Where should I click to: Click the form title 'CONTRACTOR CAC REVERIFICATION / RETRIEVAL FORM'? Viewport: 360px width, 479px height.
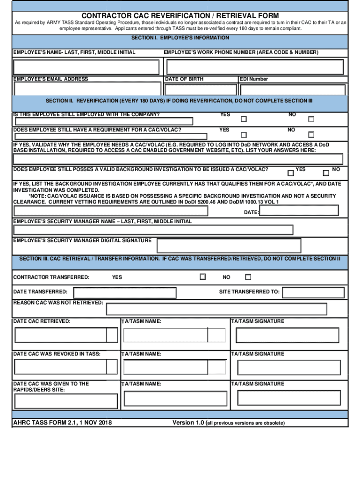coord(180,16)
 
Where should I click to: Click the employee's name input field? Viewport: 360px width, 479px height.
coord(86,67)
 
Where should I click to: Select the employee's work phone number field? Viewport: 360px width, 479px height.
coord(256,67)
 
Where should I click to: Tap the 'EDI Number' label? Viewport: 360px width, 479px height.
coord(254,79)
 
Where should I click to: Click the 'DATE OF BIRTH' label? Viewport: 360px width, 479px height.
coord(185,79)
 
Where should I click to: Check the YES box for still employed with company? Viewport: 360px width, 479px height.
coord(243,119)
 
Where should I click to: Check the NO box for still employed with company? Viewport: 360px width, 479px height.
coord(311,119)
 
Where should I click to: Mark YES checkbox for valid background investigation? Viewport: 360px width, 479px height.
coord(291,173)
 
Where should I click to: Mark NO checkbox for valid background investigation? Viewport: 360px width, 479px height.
coord(326,173)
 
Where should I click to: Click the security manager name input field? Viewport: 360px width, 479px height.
coord(153,230)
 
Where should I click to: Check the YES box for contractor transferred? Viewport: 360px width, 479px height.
coord(202,277)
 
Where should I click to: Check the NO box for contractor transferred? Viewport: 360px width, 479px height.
coord(248,277)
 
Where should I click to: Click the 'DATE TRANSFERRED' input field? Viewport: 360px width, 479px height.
coord(125,293)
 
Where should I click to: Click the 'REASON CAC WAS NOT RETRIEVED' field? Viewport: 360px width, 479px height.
coord(216,309)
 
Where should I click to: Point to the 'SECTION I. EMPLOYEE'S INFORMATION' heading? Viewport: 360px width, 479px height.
coord(180,38)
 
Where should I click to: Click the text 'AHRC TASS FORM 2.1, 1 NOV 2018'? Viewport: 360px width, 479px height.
coord(62,423)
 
